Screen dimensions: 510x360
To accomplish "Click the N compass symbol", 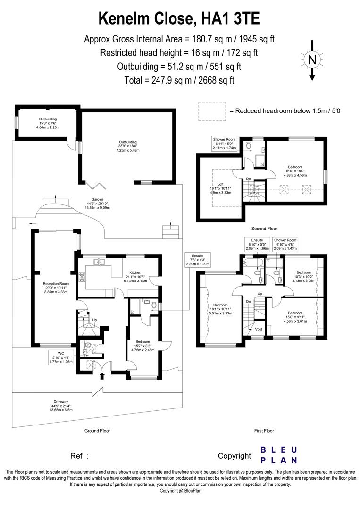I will coord(311,60).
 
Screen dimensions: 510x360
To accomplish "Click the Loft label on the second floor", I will coord(220,188).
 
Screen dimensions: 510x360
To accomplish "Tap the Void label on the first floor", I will coord(258,329).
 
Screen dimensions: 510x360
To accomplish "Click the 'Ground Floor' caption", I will coord(97,431).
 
